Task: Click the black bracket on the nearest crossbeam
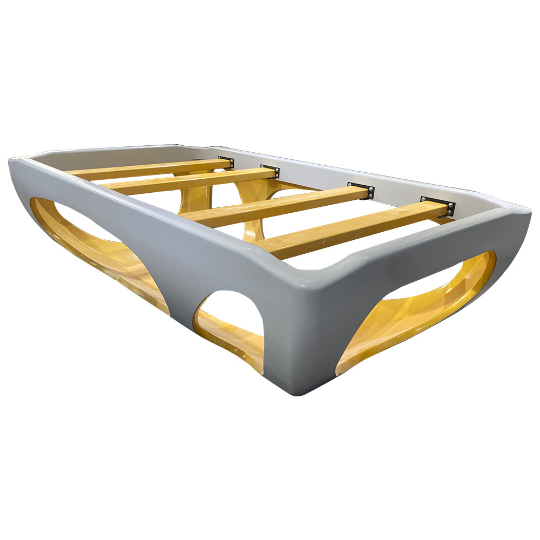coord(438,206)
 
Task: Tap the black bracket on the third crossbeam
coord(270,171)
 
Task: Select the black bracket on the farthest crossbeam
coord(226,163)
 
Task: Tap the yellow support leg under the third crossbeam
coord(254,216)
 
